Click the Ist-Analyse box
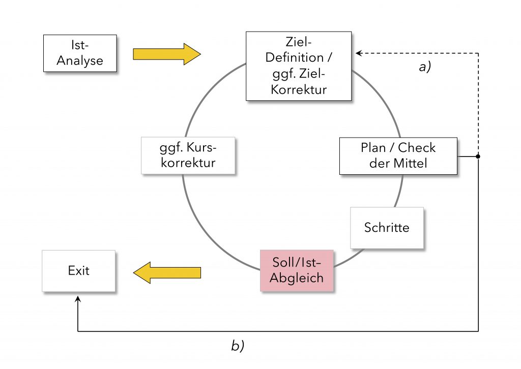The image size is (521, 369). pos(79,53)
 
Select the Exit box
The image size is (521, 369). pos(78,271)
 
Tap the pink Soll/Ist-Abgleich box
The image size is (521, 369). pos(297,271)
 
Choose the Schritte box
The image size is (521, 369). pos(387,227)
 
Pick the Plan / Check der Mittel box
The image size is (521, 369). pos(398,156)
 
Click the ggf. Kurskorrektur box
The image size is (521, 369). pos(188,156)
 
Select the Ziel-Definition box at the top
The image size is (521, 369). pos(298,66)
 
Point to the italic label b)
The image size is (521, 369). pos(238,346)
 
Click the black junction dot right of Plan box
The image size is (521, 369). pos(478,156)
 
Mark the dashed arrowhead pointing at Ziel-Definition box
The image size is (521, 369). pos(358,53)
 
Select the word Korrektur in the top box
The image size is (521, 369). pos(298,89)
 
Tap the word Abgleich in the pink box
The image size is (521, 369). pos(297,279)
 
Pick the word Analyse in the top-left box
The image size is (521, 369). pos(79,61)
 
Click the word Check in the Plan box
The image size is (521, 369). pos(417,148)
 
